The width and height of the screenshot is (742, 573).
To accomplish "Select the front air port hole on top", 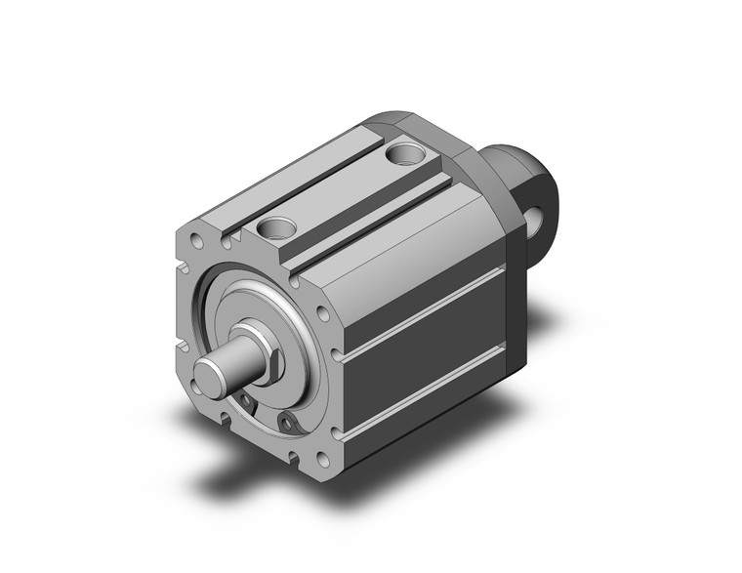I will [x=276, y=228].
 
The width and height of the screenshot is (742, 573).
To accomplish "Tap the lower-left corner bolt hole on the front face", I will [x=226, y=419].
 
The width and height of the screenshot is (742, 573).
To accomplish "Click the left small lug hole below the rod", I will [x=246, y=403].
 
